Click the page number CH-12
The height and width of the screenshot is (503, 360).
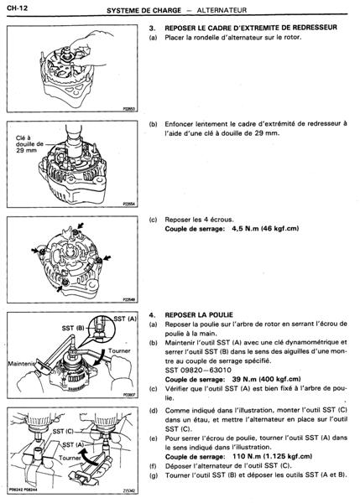point(17,8)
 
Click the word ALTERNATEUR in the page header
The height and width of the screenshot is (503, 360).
point(222,10)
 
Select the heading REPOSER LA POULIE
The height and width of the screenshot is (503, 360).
point(199,314)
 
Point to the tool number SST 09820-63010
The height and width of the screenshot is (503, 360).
point(198,370)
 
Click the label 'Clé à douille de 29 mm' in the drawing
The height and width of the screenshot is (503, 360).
point(29,144)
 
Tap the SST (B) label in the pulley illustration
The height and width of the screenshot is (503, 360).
point(73,328)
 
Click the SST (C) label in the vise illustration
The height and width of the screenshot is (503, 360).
point(63,432)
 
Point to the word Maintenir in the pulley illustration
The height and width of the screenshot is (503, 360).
point(21,364)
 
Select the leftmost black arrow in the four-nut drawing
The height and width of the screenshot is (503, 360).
point(34,250)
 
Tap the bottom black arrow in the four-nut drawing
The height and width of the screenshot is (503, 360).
point(59,288)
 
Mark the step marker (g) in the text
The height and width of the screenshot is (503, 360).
point(154,475)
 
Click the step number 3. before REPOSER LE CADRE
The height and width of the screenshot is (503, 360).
point(152,28)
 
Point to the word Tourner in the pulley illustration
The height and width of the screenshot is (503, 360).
point(119,350)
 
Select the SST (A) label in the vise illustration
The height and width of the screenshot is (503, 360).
point(73,444)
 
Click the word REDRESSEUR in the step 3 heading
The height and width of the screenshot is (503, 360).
point(315,28)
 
